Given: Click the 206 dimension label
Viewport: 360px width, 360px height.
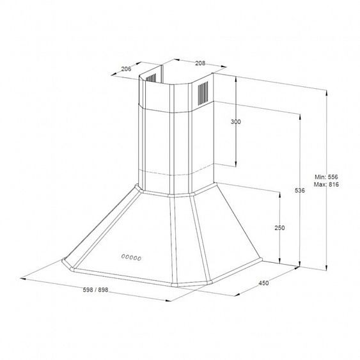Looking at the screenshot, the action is pyautogui.click(x=126, y=68).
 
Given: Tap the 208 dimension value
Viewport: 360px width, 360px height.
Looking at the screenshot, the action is pyautogui.click(x=200, y=63).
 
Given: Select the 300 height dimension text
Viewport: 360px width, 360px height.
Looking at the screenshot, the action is pyautogui.click(x=236, y=121).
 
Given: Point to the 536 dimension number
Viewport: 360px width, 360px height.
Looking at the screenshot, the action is pyautogui.click(x=300, y=191).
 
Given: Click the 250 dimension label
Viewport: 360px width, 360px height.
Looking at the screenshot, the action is pyautogui.click(x=279, y=228).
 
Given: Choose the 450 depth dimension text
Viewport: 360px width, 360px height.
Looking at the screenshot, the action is pyautogui.click(x=263, y=283).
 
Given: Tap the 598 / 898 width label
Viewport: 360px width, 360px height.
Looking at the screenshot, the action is pyautogui.click(x=95, y=290).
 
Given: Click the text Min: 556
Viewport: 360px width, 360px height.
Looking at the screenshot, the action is pyautogui.click(x=326, y=176).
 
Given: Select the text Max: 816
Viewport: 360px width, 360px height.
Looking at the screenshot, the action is pyautogui.click(x=326, y=184).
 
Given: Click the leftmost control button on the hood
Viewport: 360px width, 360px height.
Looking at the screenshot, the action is pyautogui.click(x=123, y=256).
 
